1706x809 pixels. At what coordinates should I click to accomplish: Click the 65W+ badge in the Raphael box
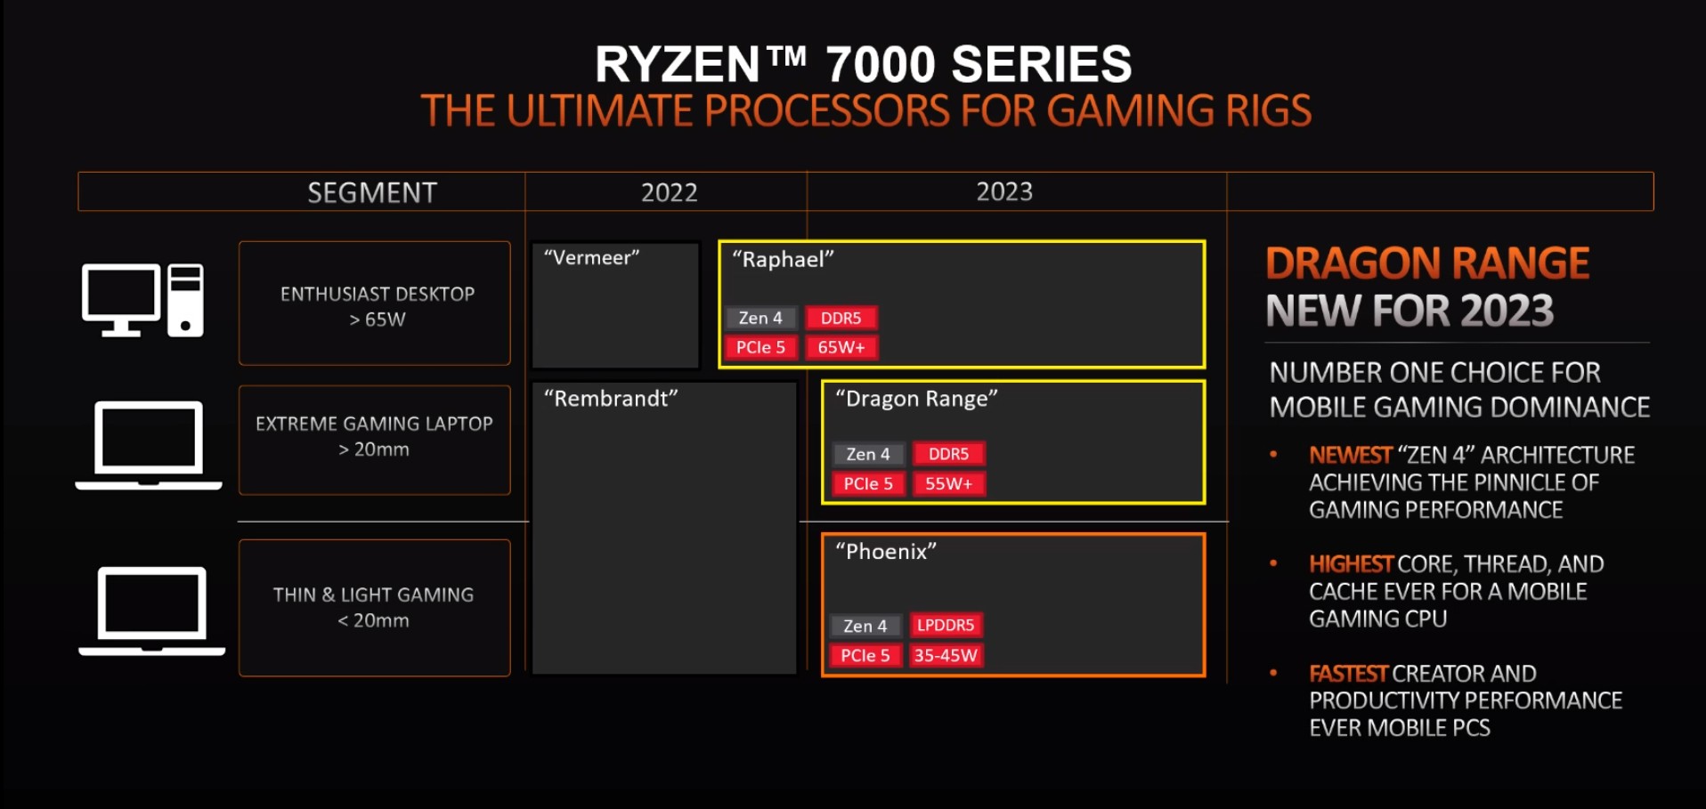841,347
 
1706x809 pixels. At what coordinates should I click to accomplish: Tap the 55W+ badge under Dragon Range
948,483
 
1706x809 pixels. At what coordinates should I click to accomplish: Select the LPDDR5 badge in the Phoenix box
946,625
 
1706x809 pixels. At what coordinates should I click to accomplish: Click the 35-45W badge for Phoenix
946,656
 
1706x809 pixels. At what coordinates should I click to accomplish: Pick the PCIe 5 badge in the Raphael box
760,347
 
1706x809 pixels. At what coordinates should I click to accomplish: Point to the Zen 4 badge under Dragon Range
868,454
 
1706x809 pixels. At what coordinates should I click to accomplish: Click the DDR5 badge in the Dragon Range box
948,454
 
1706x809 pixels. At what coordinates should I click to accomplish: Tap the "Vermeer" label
592,258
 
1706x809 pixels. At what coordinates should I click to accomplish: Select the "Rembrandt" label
611,399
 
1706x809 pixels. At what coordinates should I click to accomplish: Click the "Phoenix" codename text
886,552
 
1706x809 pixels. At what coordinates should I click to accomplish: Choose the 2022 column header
669,192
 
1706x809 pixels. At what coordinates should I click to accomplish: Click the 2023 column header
1004,191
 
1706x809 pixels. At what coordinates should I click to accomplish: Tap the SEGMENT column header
372,192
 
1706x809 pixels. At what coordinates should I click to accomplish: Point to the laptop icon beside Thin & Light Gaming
151,611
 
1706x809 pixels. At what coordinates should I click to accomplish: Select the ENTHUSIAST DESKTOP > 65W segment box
375,303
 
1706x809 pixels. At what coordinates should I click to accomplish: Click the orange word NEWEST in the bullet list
1350,455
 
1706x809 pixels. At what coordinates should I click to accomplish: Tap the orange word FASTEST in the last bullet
1348,674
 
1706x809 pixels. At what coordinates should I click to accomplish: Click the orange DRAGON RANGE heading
1427,263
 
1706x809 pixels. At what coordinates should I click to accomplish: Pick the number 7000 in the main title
881,64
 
